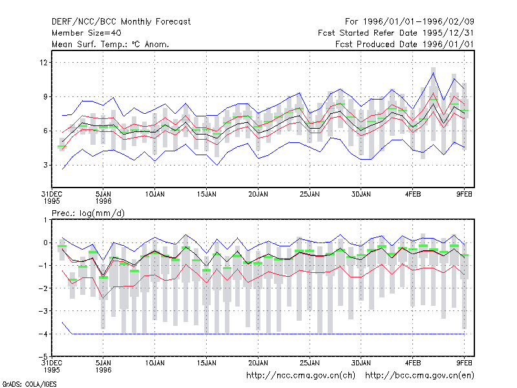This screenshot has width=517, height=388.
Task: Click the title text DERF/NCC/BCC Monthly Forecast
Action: click(121, 22)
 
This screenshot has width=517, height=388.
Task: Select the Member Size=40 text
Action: click(87, 33)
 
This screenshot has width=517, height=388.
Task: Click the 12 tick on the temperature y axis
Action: click(43, 62)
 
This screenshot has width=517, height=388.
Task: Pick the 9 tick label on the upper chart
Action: click(45, 96)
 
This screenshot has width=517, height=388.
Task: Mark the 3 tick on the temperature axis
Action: click(45, 165)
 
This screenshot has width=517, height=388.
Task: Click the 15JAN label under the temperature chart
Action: click(207, 195)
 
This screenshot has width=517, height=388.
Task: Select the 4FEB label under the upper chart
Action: click(413, 195)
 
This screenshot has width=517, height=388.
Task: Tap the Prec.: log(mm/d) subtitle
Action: click(88, 213)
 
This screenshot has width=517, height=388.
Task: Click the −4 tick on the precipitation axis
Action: click(43, 334)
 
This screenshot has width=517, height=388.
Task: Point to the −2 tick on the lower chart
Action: click(43, 288)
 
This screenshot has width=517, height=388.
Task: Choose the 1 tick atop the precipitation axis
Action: click(45, 220)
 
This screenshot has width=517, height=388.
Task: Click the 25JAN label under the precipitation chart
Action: click(310, 363)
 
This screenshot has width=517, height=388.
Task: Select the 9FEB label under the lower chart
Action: click(464, 363)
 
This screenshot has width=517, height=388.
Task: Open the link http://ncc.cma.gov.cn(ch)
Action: click(301, 376)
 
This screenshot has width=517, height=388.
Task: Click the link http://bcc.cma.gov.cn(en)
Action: click(419, 376)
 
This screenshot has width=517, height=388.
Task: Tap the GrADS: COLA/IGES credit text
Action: click(29, 384)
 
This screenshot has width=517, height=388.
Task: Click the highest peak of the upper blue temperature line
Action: click(433, 72)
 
